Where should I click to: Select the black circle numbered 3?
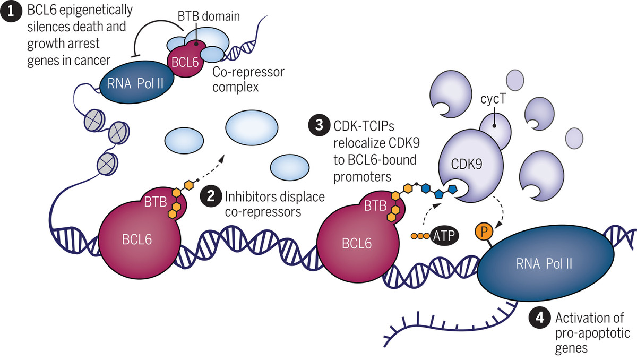click(318, 126)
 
